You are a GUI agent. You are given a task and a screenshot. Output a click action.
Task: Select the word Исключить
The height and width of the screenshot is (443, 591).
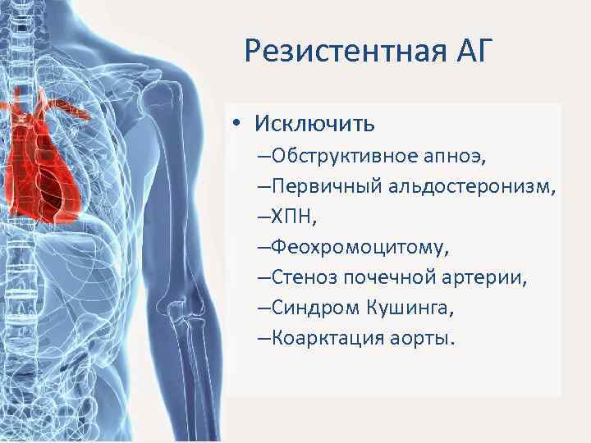315,124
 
